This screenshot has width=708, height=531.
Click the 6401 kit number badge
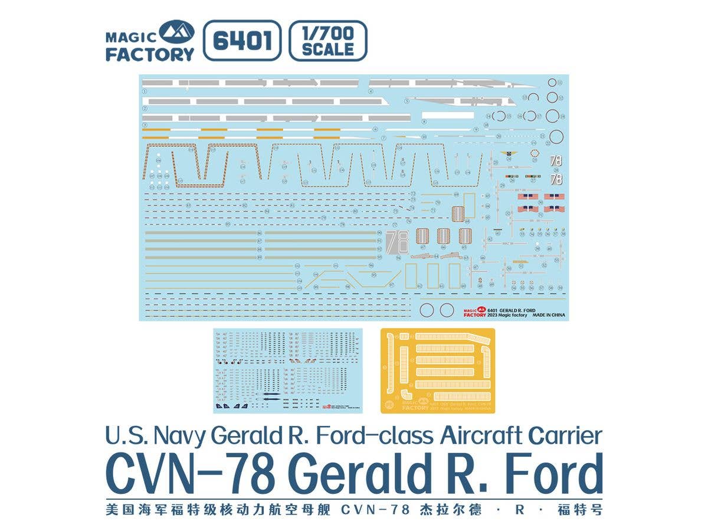(x=242, y=41)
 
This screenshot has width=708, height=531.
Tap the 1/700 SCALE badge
(x=327, y=41)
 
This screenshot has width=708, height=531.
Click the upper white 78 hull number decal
(x=555, y=160)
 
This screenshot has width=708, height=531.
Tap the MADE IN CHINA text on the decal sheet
(x=549, y=315)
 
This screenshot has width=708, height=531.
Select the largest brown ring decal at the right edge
(x=555, y=137)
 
